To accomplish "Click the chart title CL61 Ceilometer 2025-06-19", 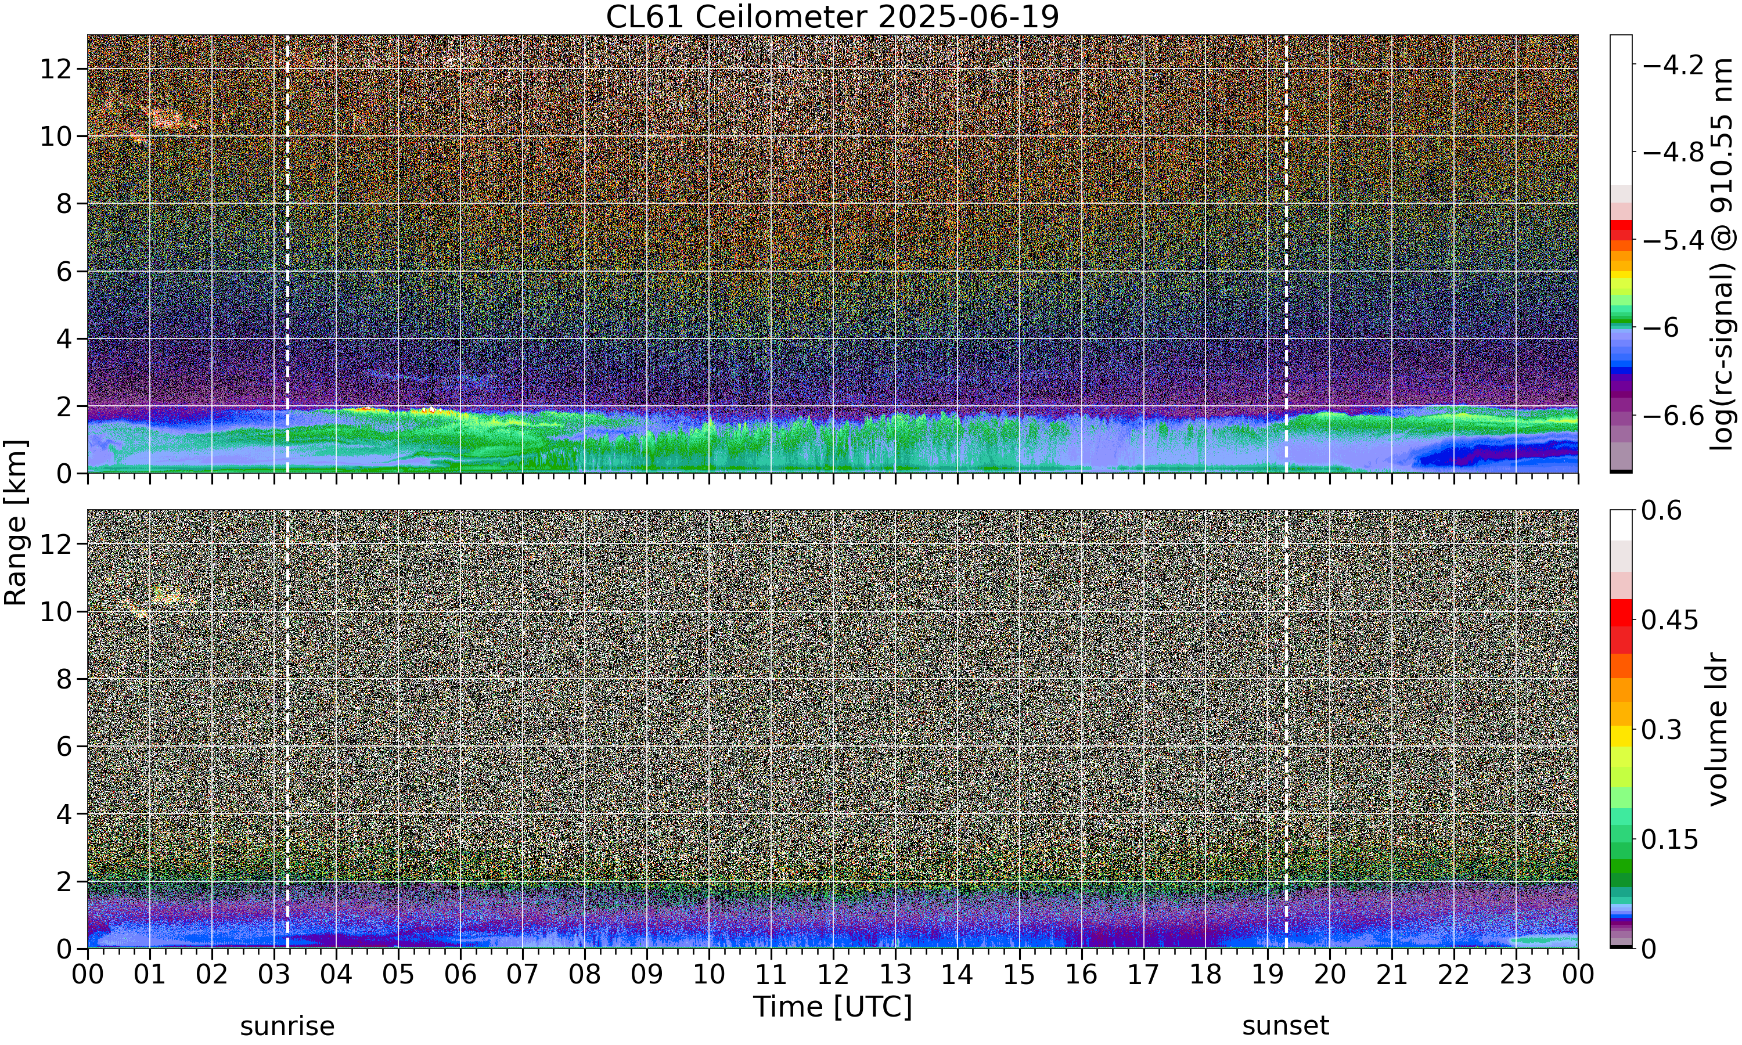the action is pyautogui.click(x=832, y=17).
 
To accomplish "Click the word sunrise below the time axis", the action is pyautogui.click(x=287, y=1026).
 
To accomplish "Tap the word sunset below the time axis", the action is pyautogui.click(x=1286, y=1026).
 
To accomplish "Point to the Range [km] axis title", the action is pyautogui.click(x=16, y=522).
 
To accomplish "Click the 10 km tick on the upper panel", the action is pyautogui.click(x=56, y=136).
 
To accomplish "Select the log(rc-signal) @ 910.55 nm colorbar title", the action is pyautogui.click(x=1721, y=254).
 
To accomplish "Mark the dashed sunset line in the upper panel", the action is pyautogui.click(x=1286, y=254).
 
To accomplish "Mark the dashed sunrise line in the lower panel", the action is pyautogui.click(x=287, y=729).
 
